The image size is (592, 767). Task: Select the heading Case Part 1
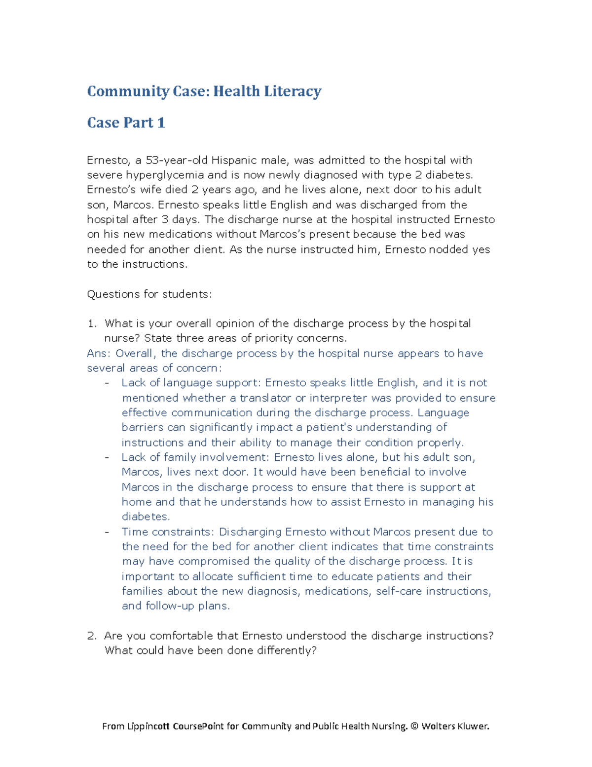126,122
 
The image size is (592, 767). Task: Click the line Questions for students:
149,294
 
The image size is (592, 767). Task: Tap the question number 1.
91,323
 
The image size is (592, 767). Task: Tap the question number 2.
91,636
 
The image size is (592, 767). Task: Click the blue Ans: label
99,354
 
